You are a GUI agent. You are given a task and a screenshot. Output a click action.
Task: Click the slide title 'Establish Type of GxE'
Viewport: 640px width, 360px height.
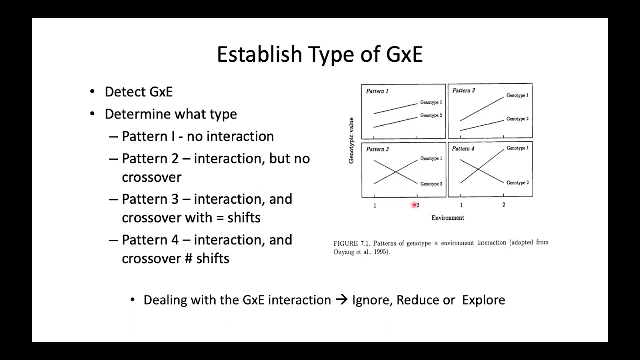320,54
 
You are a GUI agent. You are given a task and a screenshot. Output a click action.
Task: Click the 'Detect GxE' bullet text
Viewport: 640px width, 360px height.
138,92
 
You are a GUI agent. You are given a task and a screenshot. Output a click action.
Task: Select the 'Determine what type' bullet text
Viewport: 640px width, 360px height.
171,114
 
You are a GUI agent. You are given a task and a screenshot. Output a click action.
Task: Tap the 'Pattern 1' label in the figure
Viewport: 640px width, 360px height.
377,91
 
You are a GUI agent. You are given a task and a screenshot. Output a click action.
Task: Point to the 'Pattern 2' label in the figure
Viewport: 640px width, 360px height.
463,91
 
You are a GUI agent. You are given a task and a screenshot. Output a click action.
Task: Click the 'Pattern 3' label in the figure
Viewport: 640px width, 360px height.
377,149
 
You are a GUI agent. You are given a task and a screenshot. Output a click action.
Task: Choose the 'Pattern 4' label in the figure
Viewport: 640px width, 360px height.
463,149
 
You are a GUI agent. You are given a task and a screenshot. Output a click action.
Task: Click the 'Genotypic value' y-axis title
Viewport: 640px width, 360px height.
351,140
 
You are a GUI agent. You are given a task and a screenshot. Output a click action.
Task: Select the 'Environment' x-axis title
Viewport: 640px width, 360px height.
448,218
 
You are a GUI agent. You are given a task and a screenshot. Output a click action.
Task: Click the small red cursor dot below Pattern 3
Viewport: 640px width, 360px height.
414,205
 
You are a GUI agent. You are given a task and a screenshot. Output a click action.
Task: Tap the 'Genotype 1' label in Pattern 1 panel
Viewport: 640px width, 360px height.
431,102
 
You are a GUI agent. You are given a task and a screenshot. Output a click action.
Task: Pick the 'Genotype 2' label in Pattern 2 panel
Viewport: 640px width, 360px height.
517,119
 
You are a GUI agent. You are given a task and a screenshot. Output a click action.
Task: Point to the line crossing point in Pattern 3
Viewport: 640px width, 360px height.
396,172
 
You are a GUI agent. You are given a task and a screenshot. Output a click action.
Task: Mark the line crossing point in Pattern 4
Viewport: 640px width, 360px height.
478,169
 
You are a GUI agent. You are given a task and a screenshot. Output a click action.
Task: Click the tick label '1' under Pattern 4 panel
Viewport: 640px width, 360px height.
461,205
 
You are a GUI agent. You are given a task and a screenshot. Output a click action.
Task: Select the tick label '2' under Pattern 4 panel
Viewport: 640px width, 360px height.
504,205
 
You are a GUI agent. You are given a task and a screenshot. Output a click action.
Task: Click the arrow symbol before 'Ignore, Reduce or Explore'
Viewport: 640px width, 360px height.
341,300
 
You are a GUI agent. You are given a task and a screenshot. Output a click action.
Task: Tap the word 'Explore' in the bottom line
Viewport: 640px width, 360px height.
483,300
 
